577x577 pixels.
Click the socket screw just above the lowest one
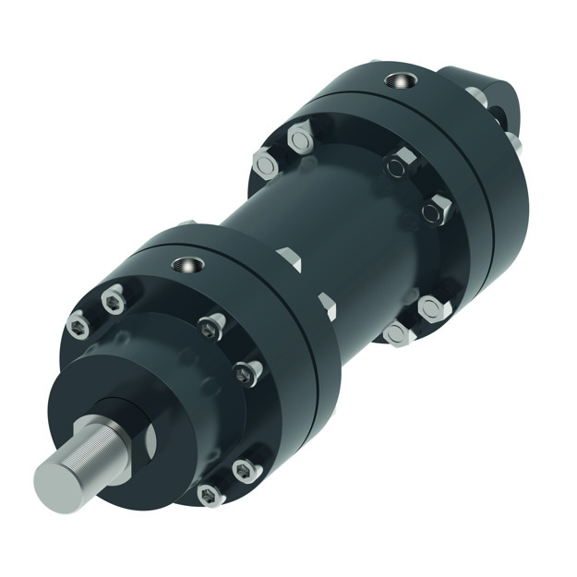(x=242, y=471)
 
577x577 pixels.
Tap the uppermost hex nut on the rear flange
(x=300, y=138)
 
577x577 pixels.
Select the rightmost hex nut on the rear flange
(x=437, y=210)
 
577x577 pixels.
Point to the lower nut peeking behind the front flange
(x=326, y=305)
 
